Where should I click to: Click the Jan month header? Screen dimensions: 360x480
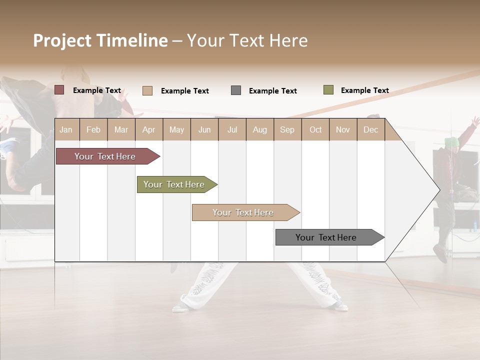tap(66, 129)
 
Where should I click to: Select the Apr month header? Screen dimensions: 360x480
tap(149, 129)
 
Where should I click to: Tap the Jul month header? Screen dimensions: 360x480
tap(232, 129)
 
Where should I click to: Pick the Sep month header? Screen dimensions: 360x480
tap(287, 129)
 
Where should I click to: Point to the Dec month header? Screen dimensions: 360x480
tap(370, 129)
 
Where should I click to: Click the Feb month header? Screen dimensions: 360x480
tap(93, 129)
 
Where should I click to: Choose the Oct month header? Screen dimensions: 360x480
tap(315, 129)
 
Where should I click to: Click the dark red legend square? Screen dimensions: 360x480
tap(59, 90)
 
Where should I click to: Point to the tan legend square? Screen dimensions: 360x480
tap(147, 90)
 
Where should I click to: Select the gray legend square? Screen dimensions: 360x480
tap(236, 90)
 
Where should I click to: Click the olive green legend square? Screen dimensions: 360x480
tap(328, 90)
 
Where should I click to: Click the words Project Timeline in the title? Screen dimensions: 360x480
tap(100, 40)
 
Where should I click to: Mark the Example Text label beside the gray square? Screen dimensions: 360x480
tap(273, 91)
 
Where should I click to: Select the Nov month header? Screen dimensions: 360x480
tap(343, 129)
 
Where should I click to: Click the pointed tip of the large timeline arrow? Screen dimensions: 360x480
tap(438, 189)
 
